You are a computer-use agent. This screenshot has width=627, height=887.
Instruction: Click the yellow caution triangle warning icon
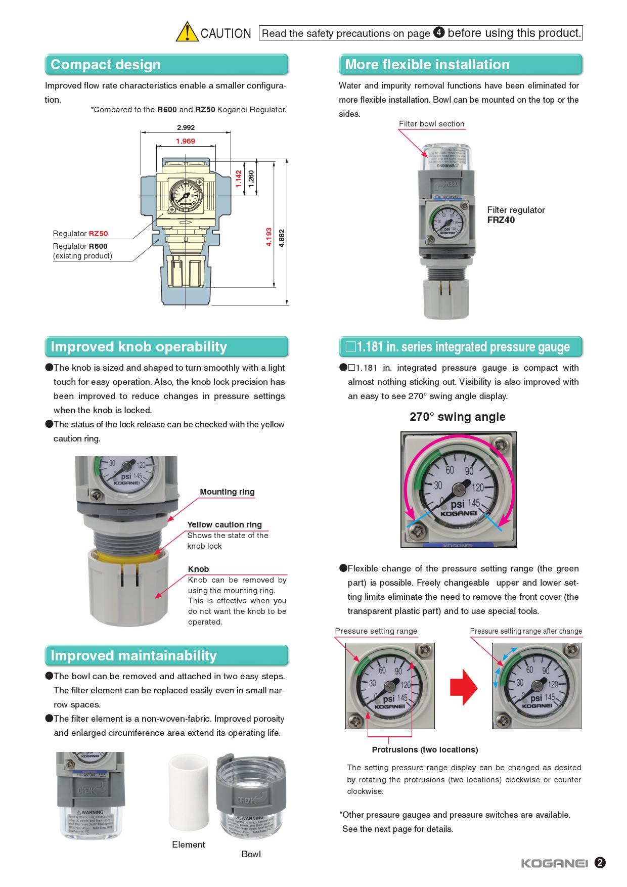click(x=187, y=32)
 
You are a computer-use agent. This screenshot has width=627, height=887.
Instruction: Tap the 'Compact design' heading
click(x=106, y=65)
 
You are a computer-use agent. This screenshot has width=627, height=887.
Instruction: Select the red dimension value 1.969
click(x=186, y=141)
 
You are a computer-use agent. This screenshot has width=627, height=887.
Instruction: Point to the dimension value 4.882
click(x=282, y=238)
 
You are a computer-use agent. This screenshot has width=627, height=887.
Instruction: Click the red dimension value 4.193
click(x=269, y=237)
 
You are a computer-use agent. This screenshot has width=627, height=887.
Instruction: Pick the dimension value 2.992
click(x=186, y=127)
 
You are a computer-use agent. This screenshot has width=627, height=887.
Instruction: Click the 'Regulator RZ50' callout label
click(x=80, y=234)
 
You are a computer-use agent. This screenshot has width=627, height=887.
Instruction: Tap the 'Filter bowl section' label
click(x=431, y=124)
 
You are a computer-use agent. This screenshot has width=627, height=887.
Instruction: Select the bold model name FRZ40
click(x=501, y=220)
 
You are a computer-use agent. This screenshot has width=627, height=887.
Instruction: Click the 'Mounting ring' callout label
click(x=227, y=492)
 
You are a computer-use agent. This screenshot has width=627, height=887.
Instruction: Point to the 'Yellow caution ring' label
click(x=225, y=525)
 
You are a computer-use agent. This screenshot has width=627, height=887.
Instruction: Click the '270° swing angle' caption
click(x=457, y=417)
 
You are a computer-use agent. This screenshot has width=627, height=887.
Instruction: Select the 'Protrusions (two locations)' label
click(x=425, y=749)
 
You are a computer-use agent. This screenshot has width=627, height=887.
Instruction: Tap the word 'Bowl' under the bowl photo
click(x=251, y=854)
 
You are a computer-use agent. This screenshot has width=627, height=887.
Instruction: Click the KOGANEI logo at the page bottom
click(x=555, y=863)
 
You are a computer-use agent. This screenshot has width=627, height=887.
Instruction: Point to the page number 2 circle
click(x=600, y=863)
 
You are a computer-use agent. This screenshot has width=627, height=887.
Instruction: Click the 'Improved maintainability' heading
click(x=133, y=656)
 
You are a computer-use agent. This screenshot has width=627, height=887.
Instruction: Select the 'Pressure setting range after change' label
click(x=526, y=631)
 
